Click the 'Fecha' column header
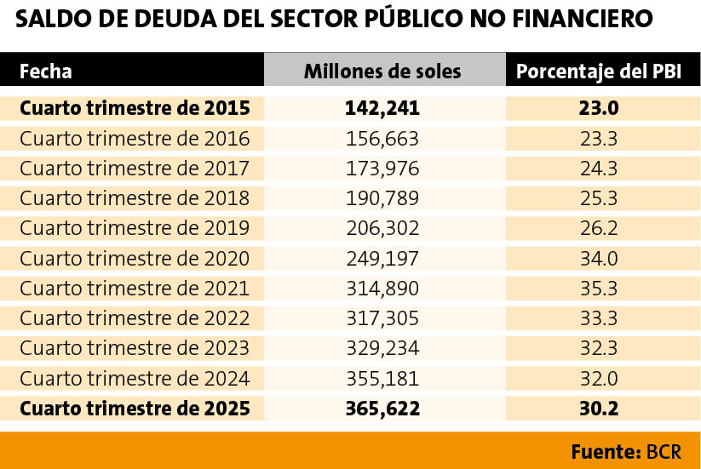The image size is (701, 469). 46,71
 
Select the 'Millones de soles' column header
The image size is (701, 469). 382,71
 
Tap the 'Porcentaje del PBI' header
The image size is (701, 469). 599,71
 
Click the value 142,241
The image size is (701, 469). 382,109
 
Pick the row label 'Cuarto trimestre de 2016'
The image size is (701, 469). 135,139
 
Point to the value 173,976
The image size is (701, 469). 382,169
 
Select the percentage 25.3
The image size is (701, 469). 599,198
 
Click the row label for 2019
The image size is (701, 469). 135,228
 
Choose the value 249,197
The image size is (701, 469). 382,259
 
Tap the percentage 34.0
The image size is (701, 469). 599,259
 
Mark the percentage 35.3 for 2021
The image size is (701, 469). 599,289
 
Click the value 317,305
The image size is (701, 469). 382,318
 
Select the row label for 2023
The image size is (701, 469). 135,348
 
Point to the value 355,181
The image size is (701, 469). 382,379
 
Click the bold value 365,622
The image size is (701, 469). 382,409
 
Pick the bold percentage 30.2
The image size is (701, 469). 599,409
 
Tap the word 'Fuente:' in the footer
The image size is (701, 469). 606,452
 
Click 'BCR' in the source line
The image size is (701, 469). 664,452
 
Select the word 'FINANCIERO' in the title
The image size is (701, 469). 583,19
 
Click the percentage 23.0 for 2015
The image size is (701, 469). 599,109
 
